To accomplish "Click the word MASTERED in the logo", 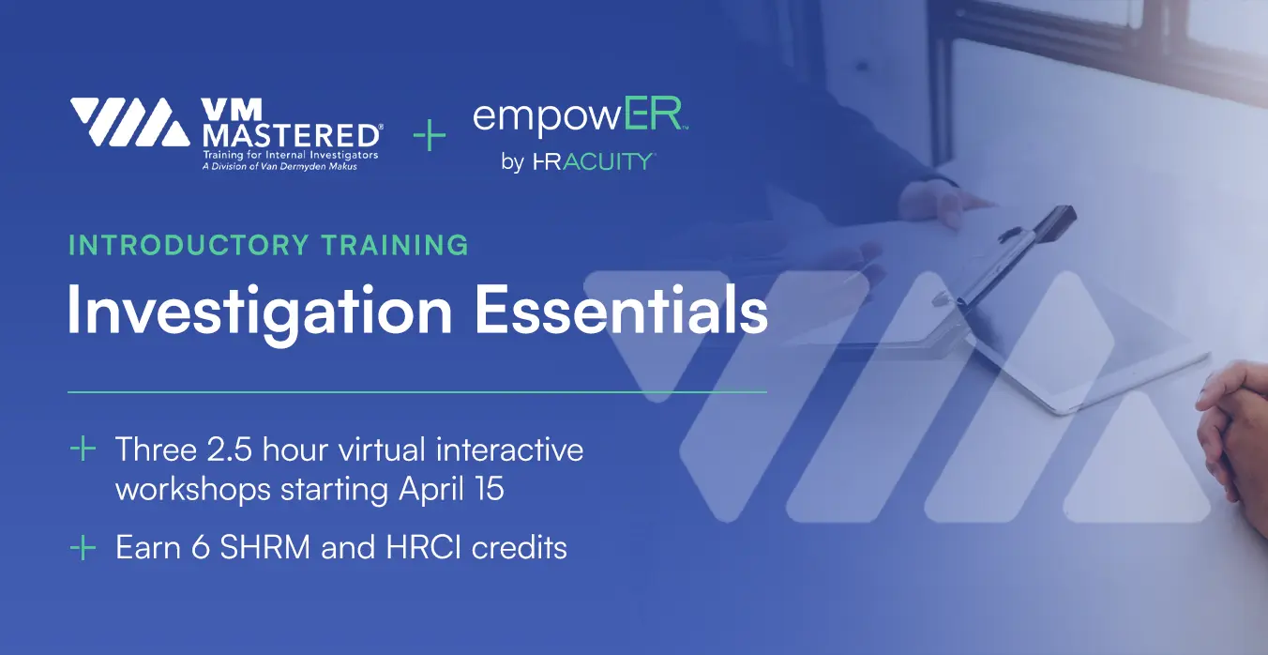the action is pos(292,136).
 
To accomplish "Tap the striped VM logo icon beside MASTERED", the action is pos(130,122).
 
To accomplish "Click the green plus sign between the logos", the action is pos(430,135).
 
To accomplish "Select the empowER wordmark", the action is pos(580,116).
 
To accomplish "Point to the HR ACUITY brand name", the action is pos(595,162).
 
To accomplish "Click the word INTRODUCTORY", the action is pos(189,245).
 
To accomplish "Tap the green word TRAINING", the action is pos(395,245).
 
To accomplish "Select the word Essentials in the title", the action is pos(621,311).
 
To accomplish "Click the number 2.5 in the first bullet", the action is pos(229,449).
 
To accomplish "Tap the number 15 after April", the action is pos(489,488).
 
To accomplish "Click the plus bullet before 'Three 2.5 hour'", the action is pos(83,449).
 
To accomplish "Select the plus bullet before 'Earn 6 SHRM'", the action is pos(83,547).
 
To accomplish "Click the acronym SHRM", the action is pos(264,547).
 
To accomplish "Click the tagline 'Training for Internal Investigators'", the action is pos(291,155).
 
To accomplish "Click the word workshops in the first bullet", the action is pos(193,489).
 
